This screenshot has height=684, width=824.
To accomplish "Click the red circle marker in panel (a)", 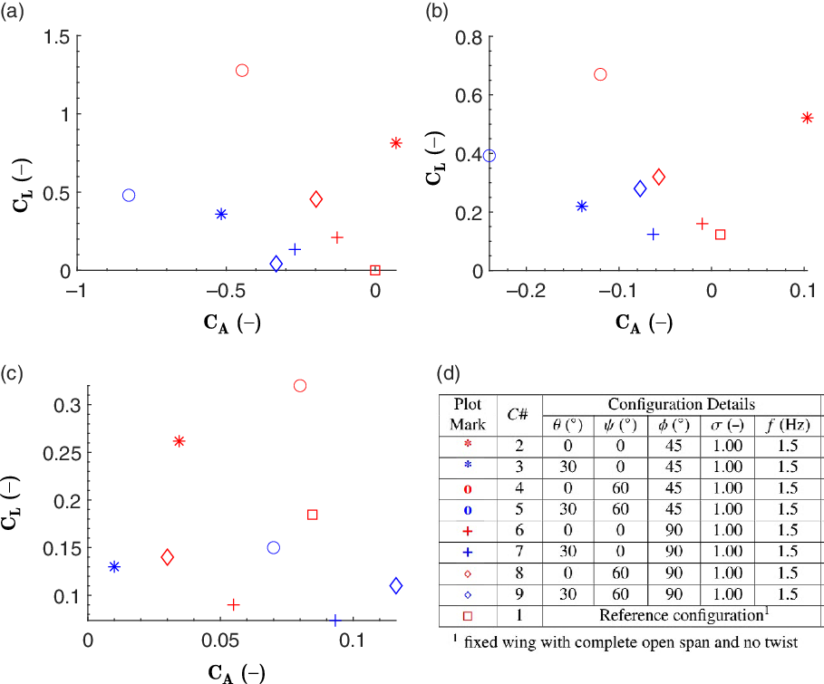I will pos(242,71).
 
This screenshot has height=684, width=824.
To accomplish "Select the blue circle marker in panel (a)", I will pos(129,196).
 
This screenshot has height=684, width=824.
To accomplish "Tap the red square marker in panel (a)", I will pos(375,270).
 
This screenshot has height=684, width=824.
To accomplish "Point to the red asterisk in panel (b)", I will pos(807,118).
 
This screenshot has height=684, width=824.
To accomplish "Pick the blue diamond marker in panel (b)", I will pos(640,188).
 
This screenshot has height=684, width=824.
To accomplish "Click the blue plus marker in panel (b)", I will pos(653,234).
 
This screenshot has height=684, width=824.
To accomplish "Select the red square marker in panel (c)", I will pos(312,515).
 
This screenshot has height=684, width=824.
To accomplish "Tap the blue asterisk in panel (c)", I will pos(114,566).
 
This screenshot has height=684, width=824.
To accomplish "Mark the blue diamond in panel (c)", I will pos(395,585).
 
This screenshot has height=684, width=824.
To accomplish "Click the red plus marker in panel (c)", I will pos(233,604).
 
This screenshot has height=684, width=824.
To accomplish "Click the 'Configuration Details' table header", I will pos(681,404).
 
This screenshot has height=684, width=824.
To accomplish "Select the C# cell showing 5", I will pos(519,509).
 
